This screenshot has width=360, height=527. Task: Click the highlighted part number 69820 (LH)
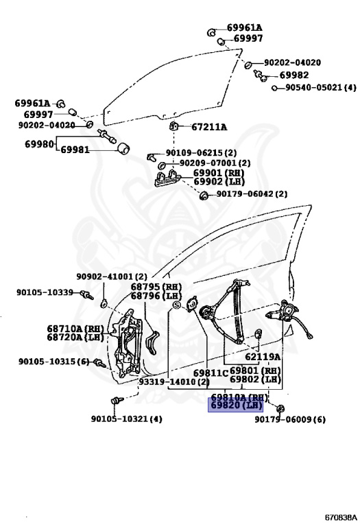(235, 405)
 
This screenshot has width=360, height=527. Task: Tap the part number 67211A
(209, 127)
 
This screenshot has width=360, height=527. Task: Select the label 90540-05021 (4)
(321, 88)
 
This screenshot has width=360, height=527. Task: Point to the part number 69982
(294, 75)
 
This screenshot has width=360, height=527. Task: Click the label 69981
(75, 150)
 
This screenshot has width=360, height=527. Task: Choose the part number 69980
(39, 144)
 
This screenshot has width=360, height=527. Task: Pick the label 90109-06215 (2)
(201, 153)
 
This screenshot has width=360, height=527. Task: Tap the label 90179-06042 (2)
(252, 194)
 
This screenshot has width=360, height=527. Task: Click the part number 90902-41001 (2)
(112, 277)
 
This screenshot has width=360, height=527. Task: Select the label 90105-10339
(45, 292)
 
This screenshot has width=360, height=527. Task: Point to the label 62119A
(262, 357)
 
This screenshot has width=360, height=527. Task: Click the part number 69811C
(211, 373)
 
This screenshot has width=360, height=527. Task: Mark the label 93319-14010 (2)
(174, 382)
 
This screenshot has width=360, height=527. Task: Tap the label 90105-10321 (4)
(127, 419)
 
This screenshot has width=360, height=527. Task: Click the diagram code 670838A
(341, 517)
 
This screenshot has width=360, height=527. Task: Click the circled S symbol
(177, 305)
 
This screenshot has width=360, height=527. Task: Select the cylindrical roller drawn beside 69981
(123, 149)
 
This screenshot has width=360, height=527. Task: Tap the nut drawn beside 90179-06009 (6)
(280, 409)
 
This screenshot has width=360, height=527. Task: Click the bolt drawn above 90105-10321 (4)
(117, 400)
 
